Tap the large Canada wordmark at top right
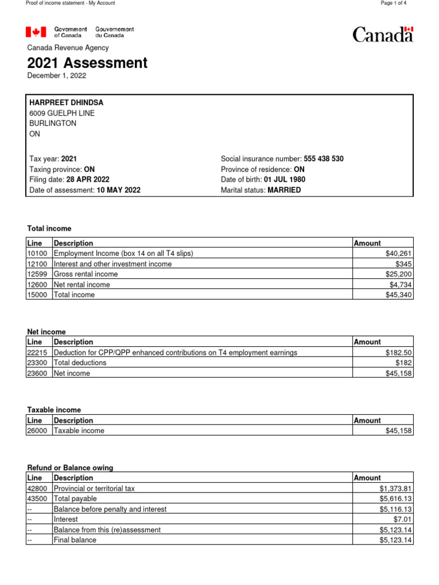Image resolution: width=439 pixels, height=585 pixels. tap(382, 34)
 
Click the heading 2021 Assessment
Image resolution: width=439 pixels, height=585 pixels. tap(87, 63)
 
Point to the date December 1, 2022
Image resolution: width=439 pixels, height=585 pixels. tap(57, 75)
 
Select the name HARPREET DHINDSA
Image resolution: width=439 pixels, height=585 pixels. tap(66, 102)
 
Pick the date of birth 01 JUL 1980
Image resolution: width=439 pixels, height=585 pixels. tap(285, 179)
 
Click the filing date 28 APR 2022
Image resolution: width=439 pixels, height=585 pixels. tap(88, 179)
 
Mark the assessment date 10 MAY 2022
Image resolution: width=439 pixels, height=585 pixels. tap(117, 190)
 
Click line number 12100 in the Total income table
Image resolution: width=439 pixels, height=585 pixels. tap(39, 264)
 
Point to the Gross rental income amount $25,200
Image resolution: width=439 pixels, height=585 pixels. tap(399, 274)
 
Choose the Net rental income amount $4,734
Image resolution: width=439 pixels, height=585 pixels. tap(401, 285)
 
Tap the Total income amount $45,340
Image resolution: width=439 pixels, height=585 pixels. tap(399, 295)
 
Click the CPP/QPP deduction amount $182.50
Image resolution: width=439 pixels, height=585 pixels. tap(399, 352)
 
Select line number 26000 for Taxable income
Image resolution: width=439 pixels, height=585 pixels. tap(39, 431)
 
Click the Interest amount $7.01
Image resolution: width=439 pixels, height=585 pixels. tap(403, 519)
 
